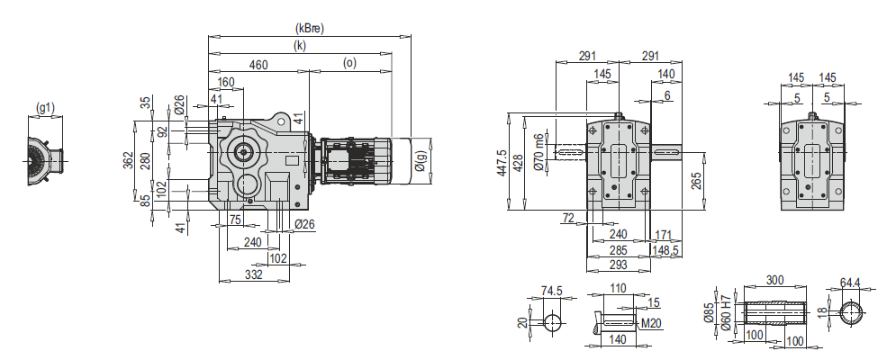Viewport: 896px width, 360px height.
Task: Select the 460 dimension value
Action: click(x=258, y=64)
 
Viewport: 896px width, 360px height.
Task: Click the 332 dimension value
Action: click(x=253, y=275)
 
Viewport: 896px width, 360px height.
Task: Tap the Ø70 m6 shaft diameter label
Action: click(x=539, y=152)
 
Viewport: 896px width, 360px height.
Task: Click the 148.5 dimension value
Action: click(x=665, y=249)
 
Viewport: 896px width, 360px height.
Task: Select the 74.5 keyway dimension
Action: click(x=552, y=291)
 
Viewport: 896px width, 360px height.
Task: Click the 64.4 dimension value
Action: click(x=851, y=282)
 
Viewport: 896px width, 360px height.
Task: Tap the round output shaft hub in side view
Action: click(x=243, y=151)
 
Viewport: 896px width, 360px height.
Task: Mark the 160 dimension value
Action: click(x=225, y=82)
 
